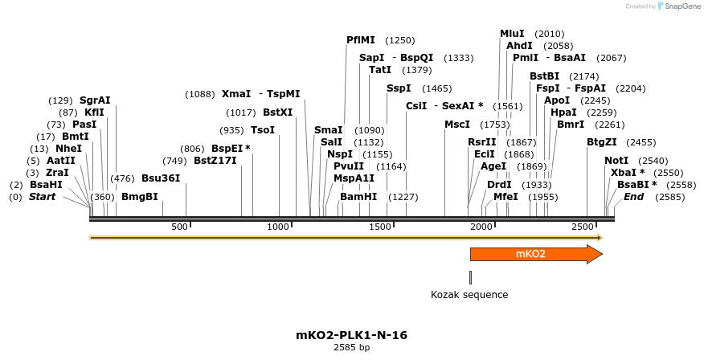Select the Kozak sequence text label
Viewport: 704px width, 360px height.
[x=469, y=295]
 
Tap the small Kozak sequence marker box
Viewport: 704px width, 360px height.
[x=470, y=277]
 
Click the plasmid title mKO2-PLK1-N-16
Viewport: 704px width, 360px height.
[x=351, y=335]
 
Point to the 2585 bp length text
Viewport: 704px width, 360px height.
[x=351, y=348]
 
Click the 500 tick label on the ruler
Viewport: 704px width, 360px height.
[x=180, y=227]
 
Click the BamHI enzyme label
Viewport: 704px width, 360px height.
[x=358, y=197]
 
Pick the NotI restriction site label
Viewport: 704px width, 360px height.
[x=616, y=161]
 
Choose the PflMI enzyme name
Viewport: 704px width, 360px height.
[x=361, y=40]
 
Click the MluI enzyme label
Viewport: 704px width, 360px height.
[x=512, y=34]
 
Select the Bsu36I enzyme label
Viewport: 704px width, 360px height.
[x=161, y=178]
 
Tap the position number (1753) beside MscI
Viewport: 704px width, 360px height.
[x=495, y=125]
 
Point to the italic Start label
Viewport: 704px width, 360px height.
[x=43, y=197]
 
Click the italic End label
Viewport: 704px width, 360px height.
[x=634, y=197]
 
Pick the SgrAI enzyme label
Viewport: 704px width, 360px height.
[x=95, y=100]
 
